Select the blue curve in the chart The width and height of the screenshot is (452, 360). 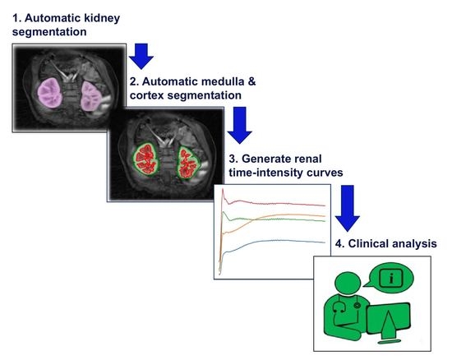click(x=279, y=242)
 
